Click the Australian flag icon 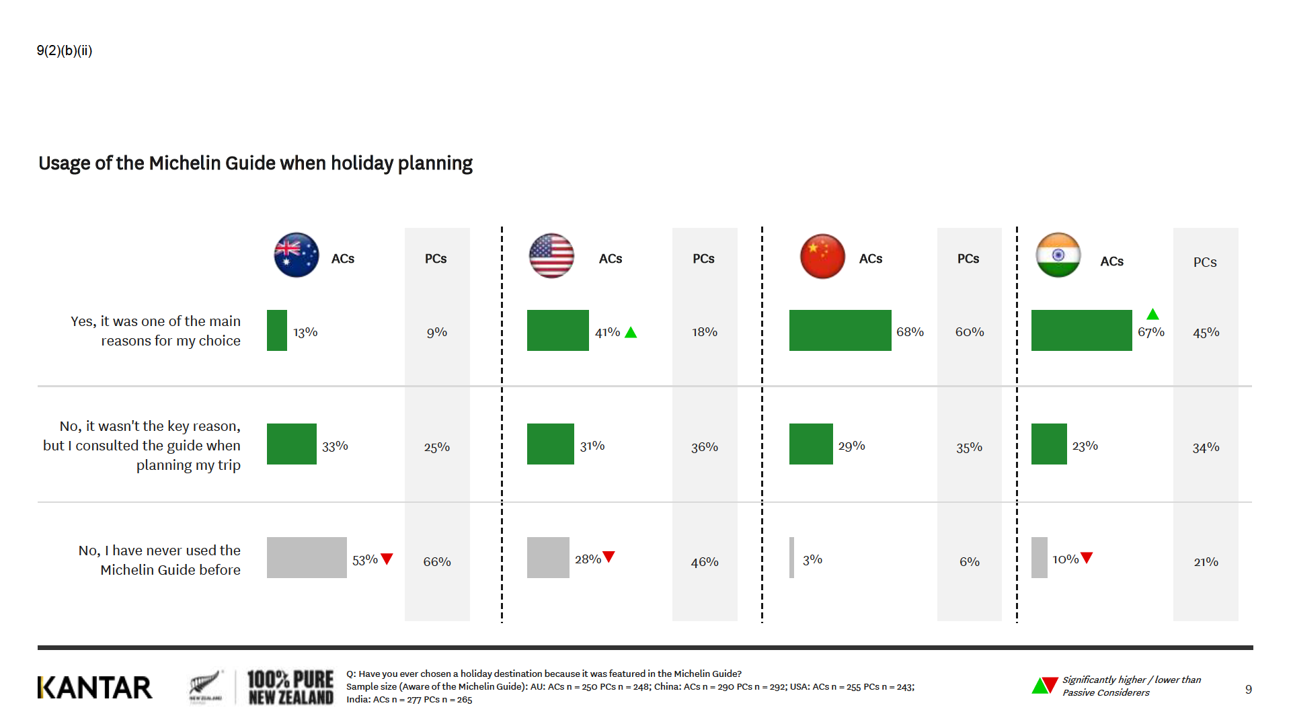[x=297, y=255]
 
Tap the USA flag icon [x=551, y=255]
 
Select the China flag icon [x=822, y=256]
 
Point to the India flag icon [x=1058, y=255]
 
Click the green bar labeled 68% [x=840, y=330]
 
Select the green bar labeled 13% [x=277, y=330]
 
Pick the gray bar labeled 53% [x=307, y=557]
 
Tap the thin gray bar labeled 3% [x=791, y=557]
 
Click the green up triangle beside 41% [x=631, y=333]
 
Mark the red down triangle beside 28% [x=609, y=557]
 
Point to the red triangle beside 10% [x=1087, y=557]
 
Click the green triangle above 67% [x=1152, y=314]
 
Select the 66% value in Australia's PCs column [x=437, y=561]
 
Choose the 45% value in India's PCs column [x=1206, y=332]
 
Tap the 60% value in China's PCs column [x=970, y=332]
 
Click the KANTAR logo [x=95, y=688]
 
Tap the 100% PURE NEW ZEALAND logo [x=290, y=688]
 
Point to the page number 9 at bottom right [x=1249, y=689]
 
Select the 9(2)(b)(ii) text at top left [x=65, y=50]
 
